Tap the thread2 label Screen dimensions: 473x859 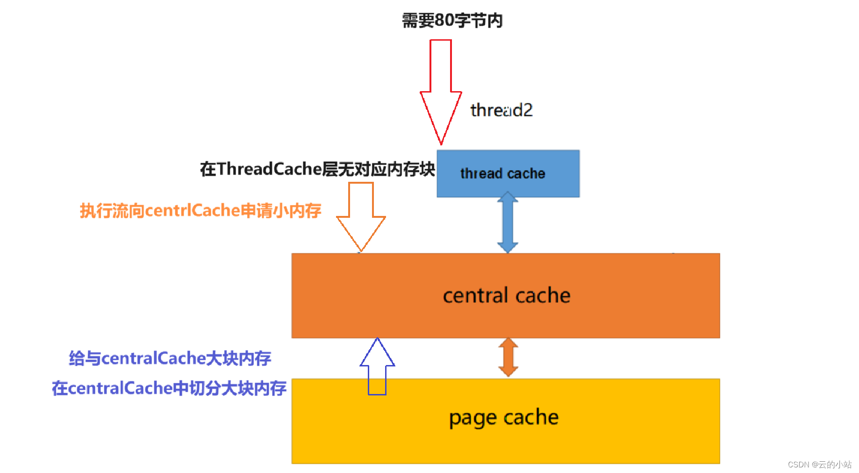[501, 110]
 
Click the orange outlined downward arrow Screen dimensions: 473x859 [361, 215]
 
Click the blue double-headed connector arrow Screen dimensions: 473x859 [508, 222]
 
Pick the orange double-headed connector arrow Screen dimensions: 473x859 [508, 358]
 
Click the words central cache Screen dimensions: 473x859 [507, 295]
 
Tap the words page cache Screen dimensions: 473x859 [504, 417]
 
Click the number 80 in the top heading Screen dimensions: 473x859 [444, 21]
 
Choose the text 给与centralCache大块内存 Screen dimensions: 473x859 [170, 358]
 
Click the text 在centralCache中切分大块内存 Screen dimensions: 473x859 [169, 388]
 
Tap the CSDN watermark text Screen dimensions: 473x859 [819, 465]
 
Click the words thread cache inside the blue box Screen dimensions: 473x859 [503, 174]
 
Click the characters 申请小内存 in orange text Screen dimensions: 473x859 [281, 211]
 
